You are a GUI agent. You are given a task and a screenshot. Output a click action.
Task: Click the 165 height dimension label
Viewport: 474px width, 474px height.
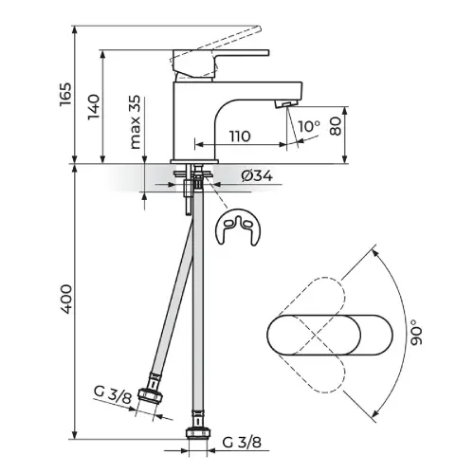[x=65, y=95]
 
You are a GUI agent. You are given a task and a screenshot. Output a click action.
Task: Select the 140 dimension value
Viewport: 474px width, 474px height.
[x=94, y=107]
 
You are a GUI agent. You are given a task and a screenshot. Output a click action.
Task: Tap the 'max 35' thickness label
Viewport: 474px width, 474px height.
[x=135, y=122]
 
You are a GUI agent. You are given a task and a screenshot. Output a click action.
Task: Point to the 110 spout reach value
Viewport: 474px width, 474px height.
[x=240, y=137]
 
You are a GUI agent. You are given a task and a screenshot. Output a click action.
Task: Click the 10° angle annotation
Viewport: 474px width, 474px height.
[x=309, y=126]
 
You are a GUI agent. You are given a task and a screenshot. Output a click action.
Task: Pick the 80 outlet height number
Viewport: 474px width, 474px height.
[x=336, y=126]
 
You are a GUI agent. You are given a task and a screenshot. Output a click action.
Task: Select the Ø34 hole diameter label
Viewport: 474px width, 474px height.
[x=257, y=176]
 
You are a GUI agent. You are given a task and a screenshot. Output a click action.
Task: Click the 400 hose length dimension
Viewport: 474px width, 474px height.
[x=66, y=300]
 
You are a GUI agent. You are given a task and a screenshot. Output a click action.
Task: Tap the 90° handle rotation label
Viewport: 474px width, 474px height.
[x=416, y=332]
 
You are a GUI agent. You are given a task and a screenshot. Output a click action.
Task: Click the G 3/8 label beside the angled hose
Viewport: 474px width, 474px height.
[x=113, y=394]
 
